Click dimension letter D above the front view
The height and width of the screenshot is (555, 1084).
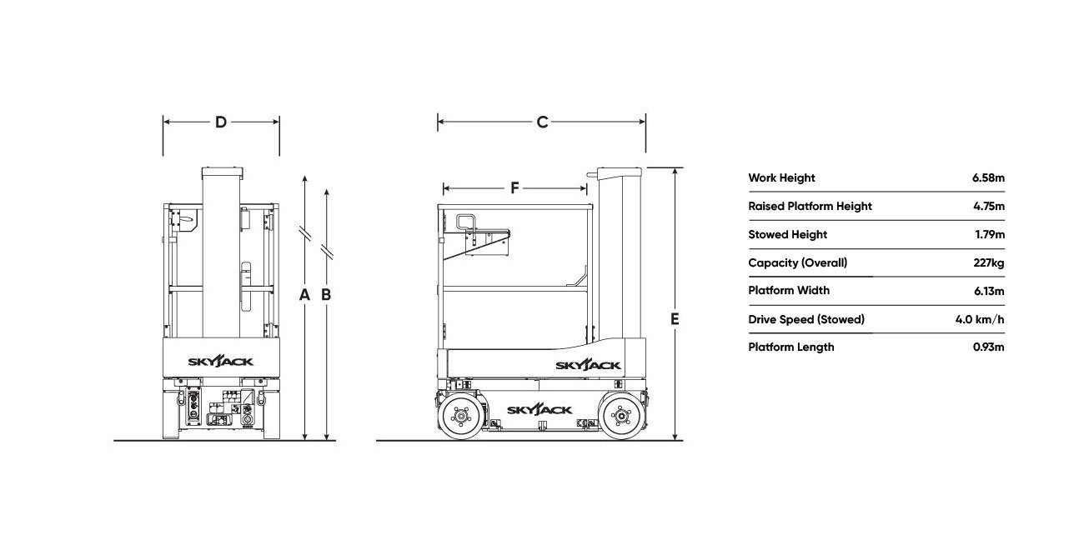221,122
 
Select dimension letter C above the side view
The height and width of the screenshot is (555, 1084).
543,122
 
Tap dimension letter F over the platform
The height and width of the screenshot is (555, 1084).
515,187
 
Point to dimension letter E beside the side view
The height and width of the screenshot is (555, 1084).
675,319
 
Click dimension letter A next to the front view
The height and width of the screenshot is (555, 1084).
304,294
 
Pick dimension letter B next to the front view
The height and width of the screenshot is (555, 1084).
326,294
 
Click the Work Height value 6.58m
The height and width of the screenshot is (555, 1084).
988,177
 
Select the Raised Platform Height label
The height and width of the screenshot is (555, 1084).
810,207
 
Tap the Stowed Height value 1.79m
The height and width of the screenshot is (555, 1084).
990,234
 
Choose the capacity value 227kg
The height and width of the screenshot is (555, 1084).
989,263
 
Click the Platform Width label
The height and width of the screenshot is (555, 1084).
789,291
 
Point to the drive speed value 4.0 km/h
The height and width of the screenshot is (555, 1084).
980,319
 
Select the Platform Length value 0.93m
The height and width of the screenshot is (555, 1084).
989,347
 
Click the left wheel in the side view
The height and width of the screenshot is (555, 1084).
461,415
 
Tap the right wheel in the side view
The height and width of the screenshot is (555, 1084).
621,415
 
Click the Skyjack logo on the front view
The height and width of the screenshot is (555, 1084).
221,361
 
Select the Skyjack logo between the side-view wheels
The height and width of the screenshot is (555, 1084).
539,410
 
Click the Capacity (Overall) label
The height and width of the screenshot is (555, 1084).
797,263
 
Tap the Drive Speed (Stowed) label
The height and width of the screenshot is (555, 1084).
806,319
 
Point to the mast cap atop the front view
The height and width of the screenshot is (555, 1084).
222,172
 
